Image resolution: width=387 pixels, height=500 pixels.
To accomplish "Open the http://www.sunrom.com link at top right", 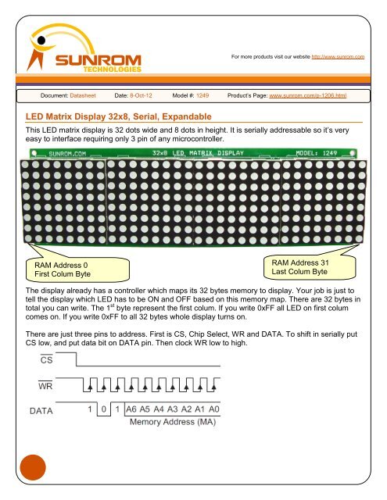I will click(x=340, y=58).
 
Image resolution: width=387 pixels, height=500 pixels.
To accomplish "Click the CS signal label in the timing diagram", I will click(x=47, y=359).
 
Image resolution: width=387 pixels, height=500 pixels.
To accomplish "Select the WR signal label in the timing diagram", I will click(x=47, y=386).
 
